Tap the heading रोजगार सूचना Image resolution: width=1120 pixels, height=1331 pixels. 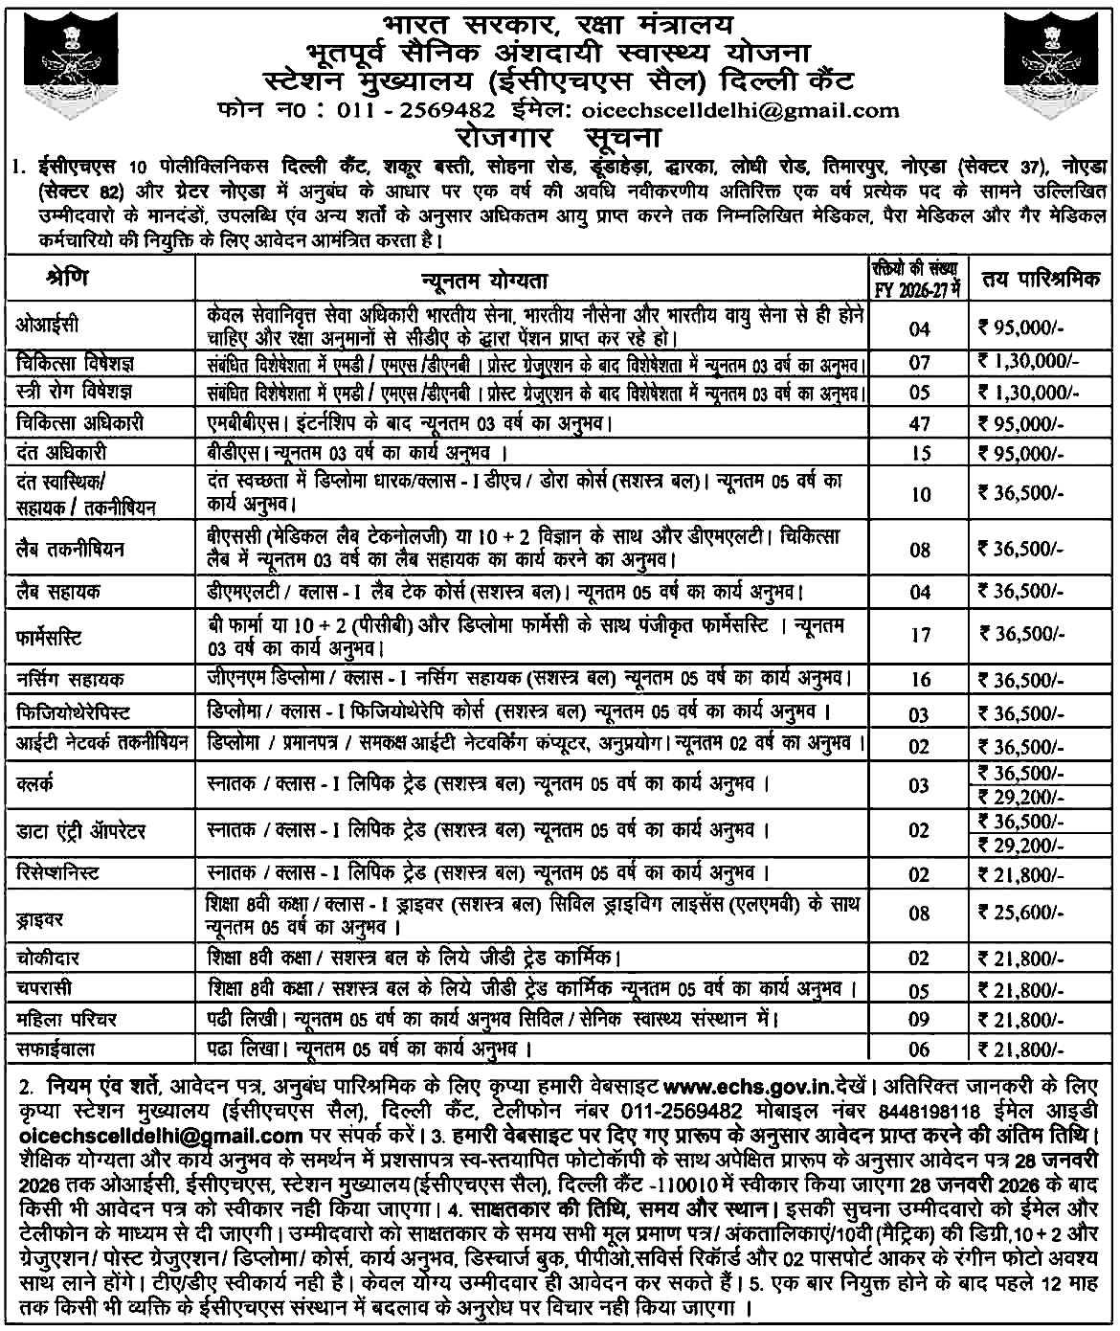pyautogui.click(x=559, y=133)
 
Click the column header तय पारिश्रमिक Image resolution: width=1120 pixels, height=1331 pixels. pyautogui.click(x=1042, y=282)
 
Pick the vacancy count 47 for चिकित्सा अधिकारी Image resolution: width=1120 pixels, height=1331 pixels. pyautogui.click(x=919, y=422)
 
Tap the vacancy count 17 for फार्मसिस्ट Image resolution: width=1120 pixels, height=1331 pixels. pyautogui.click(x=919, y=634)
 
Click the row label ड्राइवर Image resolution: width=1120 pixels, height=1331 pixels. pyautogui.click(x=39, y=918)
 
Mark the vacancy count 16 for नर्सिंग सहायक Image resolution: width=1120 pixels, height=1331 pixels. pyautogui.click(x=919, y=680)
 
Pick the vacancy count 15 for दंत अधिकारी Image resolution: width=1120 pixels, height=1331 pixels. pyautogui.click(x=919, y=453)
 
